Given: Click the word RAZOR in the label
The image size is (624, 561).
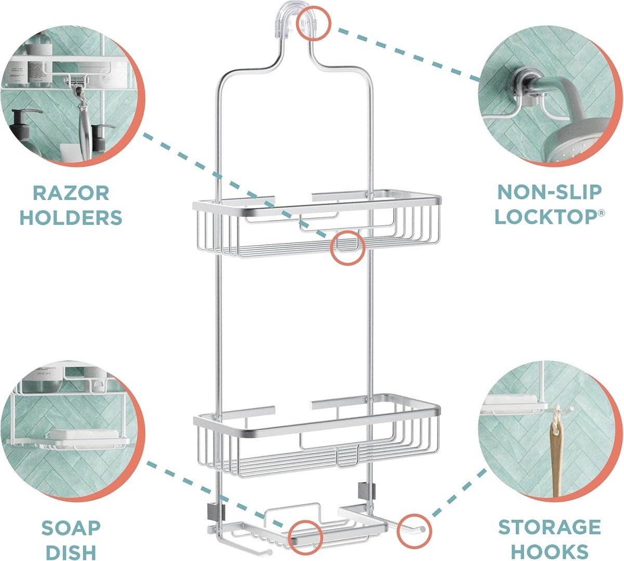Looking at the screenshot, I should coord(71,193).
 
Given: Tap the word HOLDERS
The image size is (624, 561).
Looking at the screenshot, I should coord(71,217).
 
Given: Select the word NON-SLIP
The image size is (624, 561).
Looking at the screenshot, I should coord(550,192).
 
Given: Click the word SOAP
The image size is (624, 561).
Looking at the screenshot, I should coord(71,528).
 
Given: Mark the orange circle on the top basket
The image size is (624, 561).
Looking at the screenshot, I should coord(347,248).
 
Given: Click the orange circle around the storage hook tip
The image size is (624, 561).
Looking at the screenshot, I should coord(416,530).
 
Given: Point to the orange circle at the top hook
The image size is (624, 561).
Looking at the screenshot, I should coord(313,24).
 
